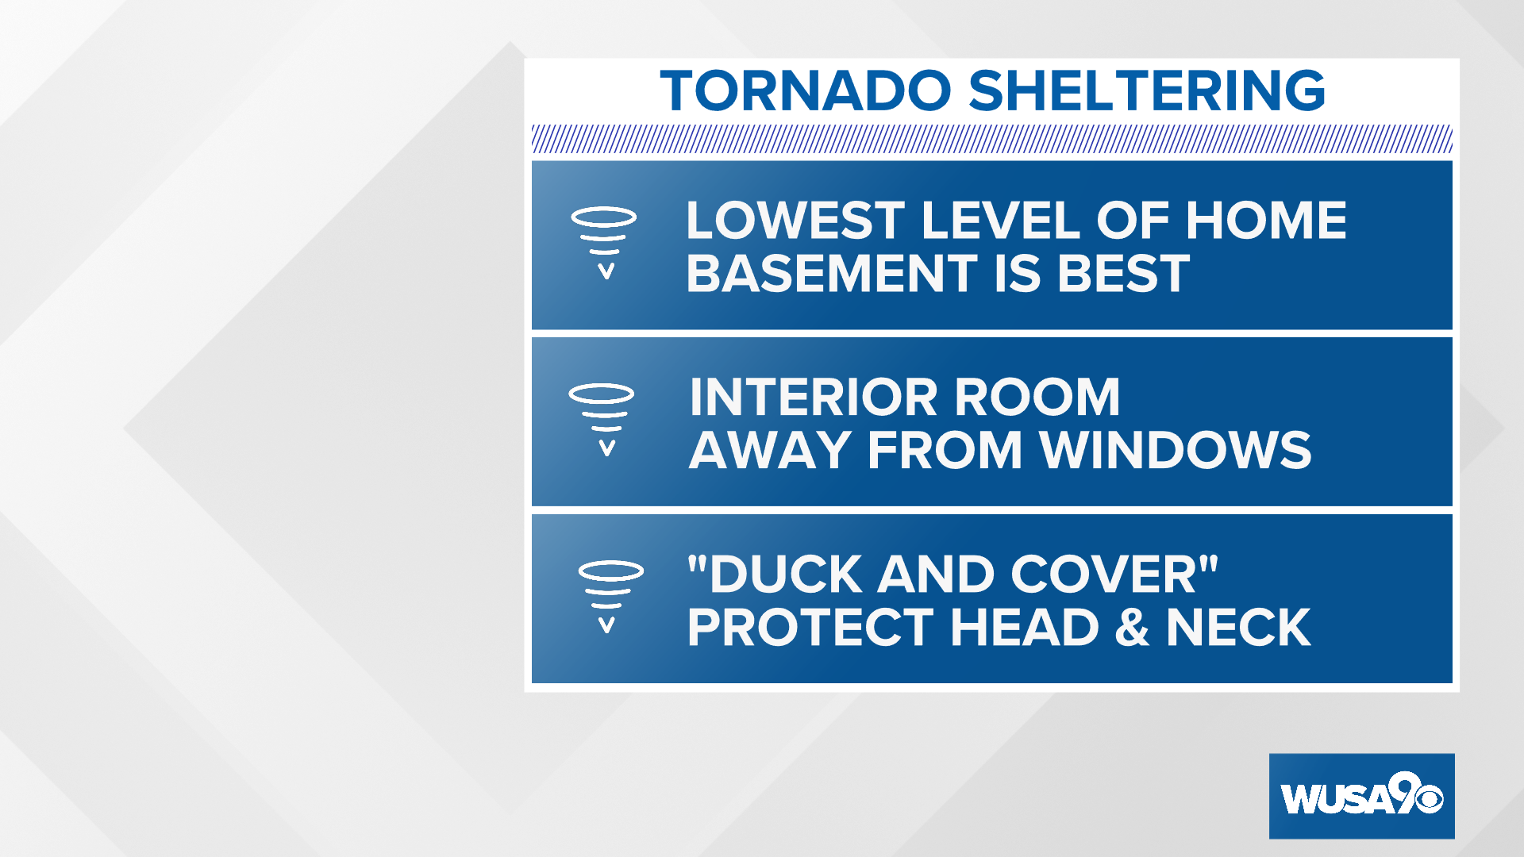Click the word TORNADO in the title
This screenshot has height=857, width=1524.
coord(805,90)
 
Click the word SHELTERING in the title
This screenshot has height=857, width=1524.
coord(1147,90)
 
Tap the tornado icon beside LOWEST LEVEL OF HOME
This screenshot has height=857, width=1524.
coord(604,243)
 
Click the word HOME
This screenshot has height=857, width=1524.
coord(1266,220)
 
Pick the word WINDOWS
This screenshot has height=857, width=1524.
coord(1176,450)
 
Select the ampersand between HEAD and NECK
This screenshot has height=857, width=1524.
coord(1132,628)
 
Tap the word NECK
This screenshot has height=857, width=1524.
coord(1237,628)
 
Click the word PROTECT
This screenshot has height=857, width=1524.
coord(810,628)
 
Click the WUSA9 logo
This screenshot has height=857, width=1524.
coord(1361,796)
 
